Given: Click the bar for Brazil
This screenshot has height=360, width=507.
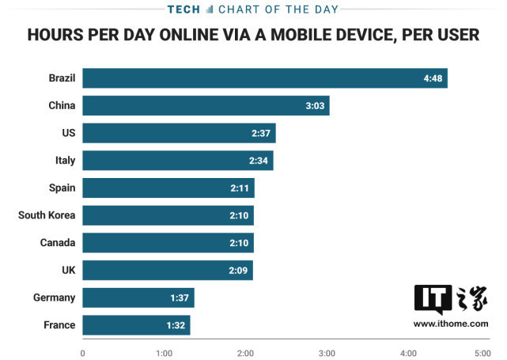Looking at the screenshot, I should (x=264, y=78).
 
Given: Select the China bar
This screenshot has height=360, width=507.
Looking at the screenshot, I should (x=206, y=105).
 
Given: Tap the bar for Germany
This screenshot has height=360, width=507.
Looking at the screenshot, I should (x=138, y=297).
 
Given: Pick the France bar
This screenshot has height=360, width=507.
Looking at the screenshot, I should (x=136, y=325).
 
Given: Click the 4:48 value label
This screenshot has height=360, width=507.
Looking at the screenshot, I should (x=434, y=78).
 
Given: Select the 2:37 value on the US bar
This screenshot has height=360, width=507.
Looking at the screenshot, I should (x=262, y=133).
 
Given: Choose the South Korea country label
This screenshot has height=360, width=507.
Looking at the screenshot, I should (x=47, y=215).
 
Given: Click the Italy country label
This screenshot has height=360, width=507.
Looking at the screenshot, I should (x=65, y=161).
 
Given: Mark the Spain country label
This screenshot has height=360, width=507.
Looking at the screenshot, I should (x=62, y=188).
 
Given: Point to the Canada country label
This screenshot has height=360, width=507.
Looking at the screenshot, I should (x=58, y=243).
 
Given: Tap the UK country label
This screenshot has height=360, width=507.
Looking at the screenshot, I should (x=68, y=271).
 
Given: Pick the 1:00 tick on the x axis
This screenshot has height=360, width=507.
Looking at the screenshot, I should (x=164, y=352).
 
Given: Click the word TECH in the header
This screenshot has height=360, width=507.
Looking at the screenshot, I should (x=184, y=9).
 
